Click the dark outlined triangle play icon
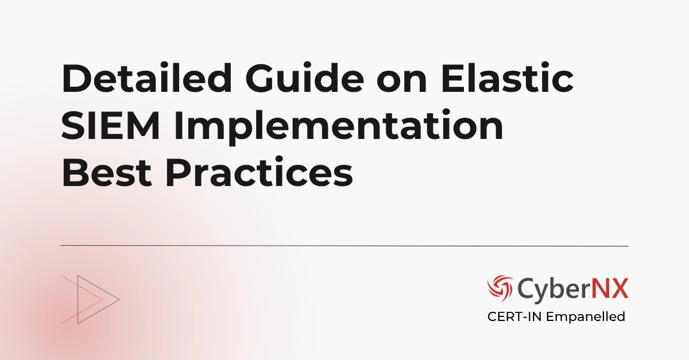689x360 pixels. pyautogui.click(x=95, y=299)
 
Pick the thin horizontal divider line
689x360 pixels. pyautogui.click(x=344, y=246)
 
